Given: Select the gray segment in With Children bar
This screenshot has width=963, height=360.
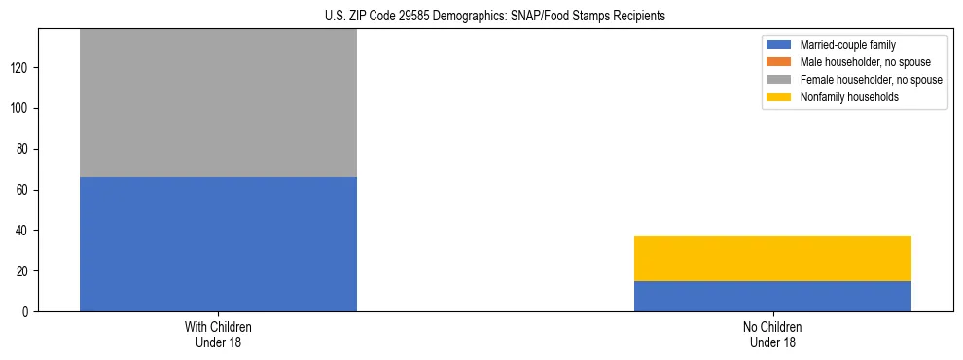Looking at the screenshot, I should [x=218, y=103].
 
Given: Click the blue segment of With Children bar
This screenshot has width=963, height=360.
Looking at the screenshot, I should [x=218, y=244].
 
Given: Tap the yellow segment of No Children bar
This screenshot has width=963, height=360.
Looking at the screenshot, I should [x=772, y=259].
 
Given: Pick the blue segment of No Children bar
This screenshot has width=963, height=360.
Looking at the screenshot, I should [x=772, y=297].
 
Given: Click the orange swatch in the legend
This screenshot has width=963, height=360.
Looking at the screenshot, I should [x=780, y=62].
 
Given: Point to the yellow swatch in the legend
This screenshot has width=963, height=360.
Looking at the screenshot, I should [x=780, y=97].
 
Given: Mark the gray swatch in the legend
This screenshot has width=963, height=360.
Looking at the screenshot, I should [x=780, y=80].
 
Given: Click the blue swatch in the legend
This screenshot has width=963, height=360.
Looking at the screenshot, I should [x=780, y=45].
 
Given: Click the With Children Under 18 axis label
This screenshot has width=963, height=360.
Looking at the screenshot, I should [x=218, y=335].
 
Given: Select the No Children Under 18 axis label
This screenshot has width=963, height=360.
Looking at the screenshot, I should [x=772, y=335].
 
